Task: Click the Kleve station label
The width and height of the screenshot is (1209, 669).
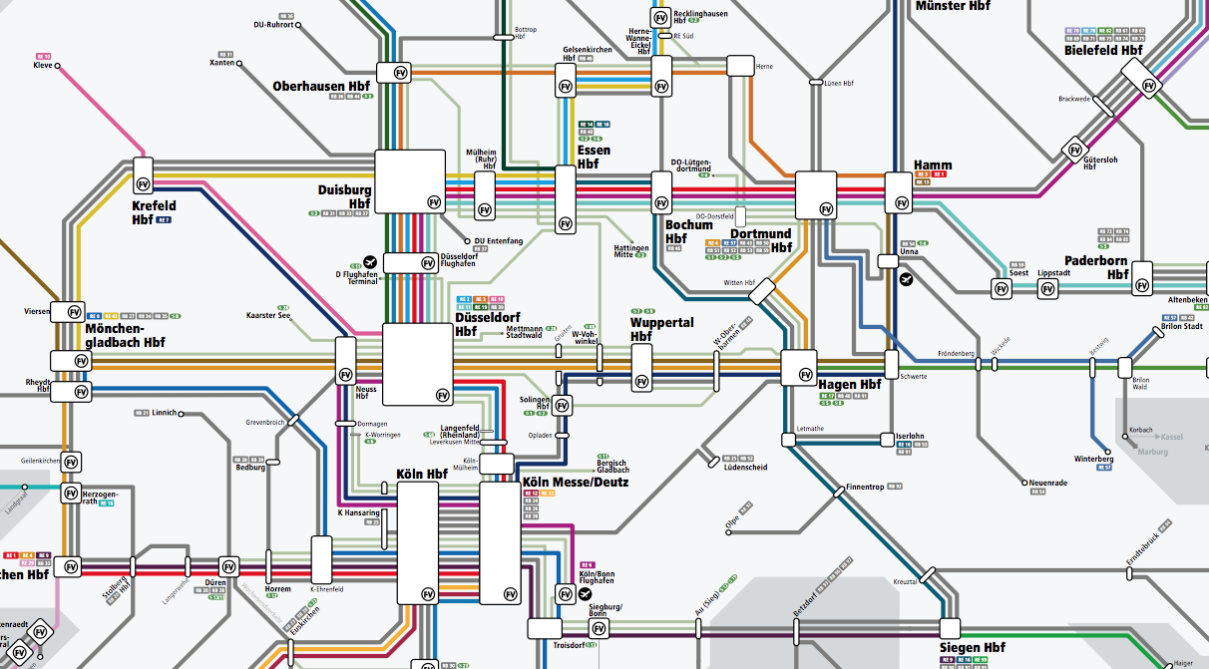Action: pos(43,66)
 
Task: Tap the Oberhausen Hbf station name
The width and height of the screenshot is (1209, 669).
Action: pos(322,87)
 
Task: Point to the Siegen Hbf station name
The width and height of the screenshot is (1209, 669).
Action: pos(972,648)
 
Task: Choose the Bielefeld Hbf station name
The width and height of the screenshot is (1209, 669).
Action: pos(1103,50)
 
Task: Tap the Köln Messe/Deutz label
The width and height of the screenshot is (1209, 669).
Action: pos(576,483)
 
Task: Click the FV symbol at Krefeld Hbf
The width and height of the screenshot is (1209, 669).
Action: pos(144,183)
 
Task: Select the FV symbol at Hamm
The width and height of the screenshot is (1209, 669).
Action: pos(902,202)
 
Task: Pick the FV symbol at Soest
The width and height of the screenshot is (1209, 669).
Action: pos(1002,289)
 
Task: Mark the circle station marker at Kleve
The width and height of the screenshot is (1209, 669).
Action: pos(59,67)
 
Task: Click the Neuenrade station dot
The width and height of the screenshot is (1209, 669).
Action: pos(1023,483)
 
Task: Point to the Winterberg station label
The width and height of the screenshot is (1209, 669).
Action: pos(1092,459)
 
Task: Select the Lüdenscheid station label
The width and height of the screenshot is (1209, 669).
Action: pos(745,467)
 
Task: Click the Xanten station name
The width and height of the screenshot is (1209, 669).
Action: pos(221,63)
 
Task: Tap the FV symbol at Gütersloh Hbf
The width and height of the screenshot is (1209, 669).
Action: pos(1074,150)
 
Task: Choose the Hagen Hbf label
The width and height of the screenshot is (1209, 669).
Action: pos(850,385)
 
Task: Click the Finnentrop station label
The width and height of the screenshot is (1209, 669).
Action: pos(865,488)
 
